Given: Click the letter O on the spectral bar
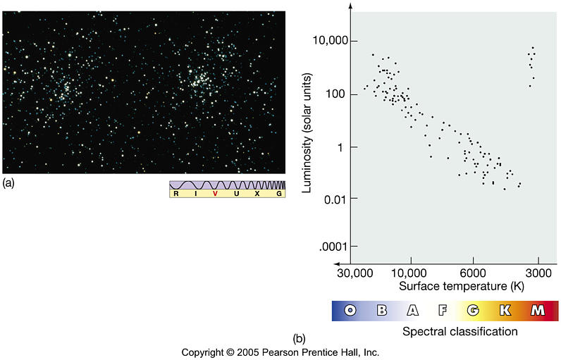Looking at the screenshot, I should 350,310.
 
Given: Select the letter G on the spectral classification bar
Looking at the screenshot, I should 473,310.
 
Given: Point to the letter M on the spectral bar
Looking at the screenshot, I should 537,310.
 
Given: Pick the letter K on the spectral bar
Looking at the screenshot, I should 505,310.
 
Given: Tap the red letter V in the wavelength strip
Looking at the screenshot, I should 216,193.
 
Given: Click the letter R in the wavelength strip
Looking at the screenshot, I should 175,193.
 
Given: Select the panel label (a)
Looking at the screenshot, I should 8,182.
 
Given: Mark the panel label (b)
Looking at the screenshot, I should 299,339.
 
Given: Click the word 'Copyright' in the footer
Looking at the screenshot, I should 205,352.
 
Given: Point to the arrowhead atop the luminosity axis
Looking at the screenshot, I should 350,6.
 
